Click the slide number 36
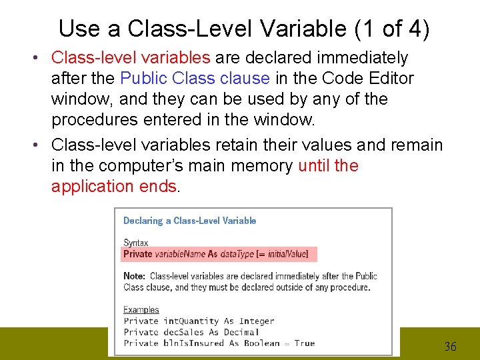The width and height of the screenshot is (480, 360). (451, 347)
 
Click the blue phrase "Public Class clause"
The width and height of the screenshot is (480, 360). (195, 79)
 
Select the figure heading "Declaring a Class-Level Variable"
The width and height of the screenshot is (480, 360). (189, 221)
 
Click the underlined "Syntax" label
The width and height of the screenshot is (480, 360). (136, 243)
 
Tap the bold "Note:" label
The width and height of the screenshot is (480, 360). (135, 276)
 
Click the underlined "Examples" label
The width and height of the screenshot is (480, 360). (141, 310)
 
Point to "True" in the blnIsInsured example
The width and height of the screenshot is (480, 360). (304, 343)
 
